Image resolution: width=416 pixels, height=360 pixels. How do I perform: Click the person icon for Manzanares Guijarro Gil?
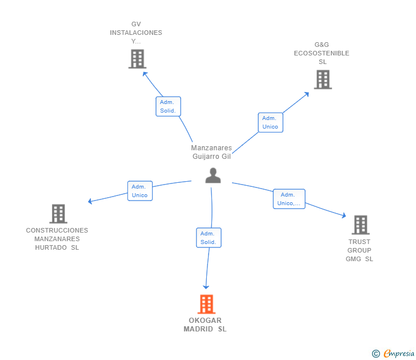pos(213,175)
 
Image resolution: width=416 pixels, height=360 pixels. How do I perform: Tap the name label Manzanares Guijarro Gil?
pos(211,152)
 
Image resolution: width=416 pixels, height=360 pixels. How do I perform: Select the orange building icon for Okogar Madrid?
pos(206,304)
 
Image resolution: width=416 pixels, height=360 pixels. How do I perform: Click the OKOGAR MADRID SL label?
pos(205,325)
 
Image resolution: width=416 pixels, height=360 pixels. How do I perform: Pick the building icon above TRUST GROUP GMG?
pos(360,225)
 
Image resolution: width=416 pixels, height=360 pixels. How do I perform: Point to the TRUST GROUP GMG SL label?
pos(359,250)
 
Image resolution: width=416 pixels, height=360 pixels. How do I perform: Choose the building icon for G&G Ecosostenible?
pos(322,79)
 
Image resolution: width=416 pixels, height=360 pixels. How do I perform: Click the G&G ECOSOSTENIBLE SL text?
pos(322,53)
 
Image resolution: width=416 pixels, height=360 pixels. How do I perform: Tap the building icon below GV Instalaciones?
pos(137,59)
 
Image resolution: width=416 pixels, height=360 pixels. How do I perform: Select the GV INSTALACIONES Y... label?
pos(136,33)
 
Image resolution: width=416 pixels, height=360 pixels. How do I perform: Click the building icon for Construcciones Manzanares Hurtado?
pos(58,214)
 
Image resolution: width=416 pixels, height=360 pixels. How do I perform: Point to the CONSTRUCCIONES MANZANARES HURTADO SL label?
pos(57,239)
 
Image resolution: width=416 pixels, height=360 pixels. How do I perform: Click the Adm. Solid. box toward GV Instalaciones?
pos(168,106)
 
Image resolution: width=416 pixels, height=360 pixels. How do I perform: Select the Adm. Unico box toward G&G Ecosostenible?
pos(270,122)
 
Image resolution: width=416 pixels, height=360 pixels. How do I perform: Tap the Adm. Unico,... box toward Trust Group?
pos(289,199)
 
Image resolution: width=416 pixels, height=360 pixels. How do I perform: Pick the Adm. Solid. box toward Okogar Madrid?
pos(209,238)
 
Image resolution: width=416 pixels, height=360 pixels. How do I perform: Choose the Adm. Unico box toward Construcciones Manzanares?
pos(139,191)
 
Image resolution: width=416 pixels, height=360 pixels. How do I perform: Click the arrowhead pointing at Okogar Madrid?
pos(206,286)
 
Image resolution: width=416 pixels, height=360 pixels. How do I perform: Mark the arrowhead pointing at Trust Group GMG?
pos(343,215)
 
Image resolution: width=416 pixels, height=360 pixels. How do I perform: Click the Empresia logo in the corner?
pos(394,354)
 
